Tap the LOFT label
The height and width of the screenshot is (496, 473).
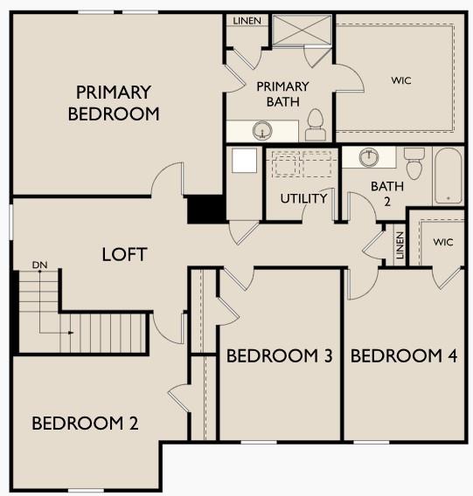[x=124, y=255]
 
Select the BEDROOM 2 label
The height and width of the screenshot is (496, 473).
[x=85, y=424]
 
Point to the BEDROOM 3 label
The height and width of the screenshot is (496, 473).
[x=279, y=356]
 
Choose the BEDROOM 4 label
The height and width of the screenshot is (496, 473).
[x=404, y=356]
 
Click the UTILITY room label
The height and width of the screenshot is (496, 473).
[x=303, y=198]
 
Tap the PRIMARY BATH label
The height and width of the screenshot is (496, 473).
[x=282, y=93]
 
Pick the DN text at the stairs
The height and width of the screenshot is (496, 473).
[x=38, y=264]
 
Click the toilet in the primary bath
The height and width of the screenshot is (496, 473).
[x=316, y=127]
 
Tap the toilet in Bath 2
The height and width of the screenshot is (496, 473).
[x=414, y=162]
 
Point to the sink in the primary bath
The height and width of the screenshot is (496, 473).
[x=261, y=132]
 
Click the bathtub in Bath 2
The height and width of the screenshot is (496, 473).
[x=449, y=175]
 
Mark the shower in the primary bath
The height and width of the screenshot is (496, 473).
[x=301, y=30]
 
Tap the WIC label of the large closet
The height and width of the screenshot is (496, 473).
[x=401, y=80]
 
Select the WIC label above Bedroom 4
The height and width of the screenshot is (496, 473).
[x=443, y=242]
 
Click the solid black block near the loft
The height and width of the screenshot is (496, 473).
[x=206, y=210]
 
